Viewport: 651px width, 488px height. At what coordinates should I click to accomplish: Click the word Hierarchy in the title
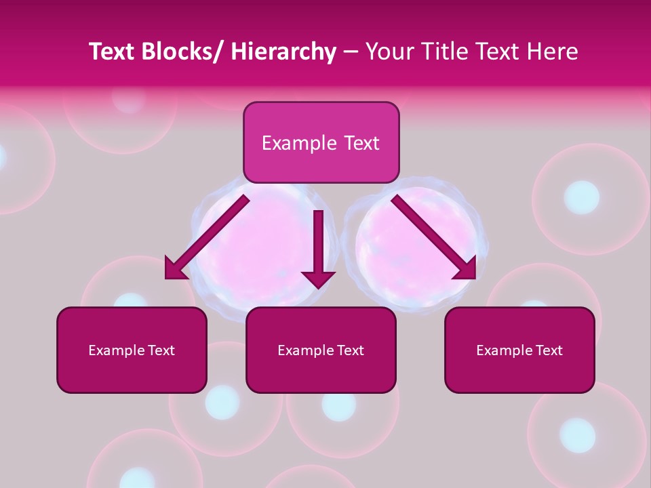pyautogui.click(x=283, y=52)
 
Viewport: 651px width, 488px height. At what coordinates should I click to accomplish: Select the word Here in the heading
pyautogui.click(x=552, y=52)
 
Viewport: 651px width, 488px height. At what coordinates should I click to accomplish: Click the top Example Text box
pyautogui.click(x=321, y=142)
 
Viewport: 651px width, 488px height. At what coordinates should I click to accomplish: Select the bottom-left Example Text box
pyautogui.click(x=132, y=350)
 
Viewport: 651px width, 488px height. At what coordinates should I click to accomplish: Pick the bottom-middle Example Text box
pyautogui.click(x=321, y=350)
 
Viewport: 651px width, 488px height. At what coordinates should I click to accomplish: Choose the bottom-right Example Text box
pyautogui.click(x=519, y=350)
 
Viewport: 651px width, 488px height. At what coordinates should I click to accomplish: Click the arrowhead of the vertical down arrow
pyautogui.click(x=318, y=279)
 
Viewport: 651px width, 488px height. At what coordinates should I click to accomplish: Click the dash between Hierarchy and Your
pyautogui.click(x=351, y=52)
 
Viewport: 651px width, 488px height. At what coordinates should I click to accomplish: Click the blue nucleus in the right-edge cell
pyautogui.click(x=581, y=197)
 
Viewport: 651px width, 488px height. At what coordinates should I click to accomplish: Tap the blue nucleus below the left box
pyautogui.click(x=222, y=401)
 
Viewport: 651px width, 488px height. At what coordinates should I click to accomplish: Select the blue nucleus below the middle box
pyautogui.click(x=338, y=405)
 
